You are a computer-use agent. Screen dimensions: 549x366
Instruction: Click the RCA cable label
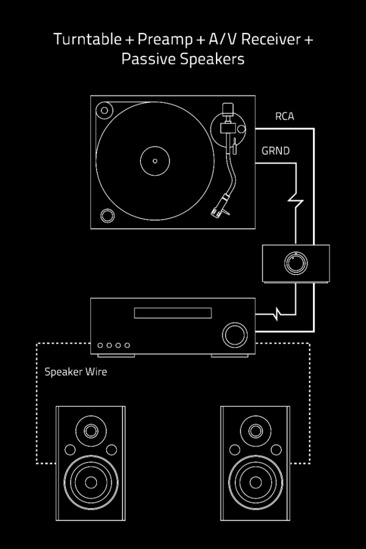coord(285,116)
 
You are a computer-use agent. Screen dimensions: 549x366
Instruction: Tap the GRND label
coord(275,151)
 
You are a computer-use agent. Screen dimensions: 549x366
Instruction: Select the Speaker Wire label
coord(76,371)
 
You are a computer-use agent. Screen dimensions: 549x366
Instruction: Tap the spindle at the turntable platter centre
coord(155,160)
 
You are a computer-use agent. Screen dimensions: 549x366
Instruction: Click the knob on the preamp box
coord(295,263)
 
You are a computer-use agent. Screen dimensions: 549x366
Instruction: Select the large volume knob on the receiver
coord(234,334)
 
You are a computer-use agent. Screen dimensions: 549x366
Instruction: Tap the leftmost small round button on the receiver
coord(100,345)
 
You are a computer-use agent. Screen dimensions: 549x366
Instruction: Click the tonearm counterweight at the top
coord(228,109)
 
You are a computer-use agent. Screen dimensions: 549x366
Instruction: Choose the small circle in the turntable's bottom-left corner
coord(107,216)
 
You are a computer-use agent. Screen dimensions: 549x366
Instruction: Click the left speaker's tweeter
coord(90,431)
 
